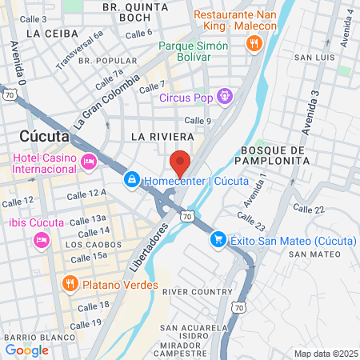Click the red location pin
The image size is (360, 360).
tap(181, 162)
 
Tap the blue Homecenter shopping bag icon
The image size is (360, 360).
tap(130, 181)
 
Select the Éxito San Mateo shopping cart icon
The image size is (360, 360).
tap(217, 239)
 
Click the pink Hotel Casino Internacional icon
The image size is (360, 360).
tap(89, 162)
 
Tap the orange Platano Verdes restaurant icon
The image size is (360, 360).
tap(70, 282)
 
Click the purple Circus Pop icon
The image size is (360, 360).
tap(226, 97)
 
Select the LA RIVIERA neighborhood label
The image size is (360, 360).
tap(162, 137)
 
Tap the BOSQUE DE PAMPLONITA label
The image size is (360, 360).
tap(274, 155)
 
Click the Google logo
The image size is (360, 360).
tap(26, 349)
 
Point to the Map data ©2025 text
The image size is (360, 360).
tap(325, 354)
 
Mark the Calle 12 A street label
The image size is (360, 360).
tap(87, 194)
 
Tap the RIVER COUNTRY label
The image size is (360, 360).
tap(196, 292)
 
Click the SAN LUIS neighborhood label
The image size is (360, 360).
tap(313, 58)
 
